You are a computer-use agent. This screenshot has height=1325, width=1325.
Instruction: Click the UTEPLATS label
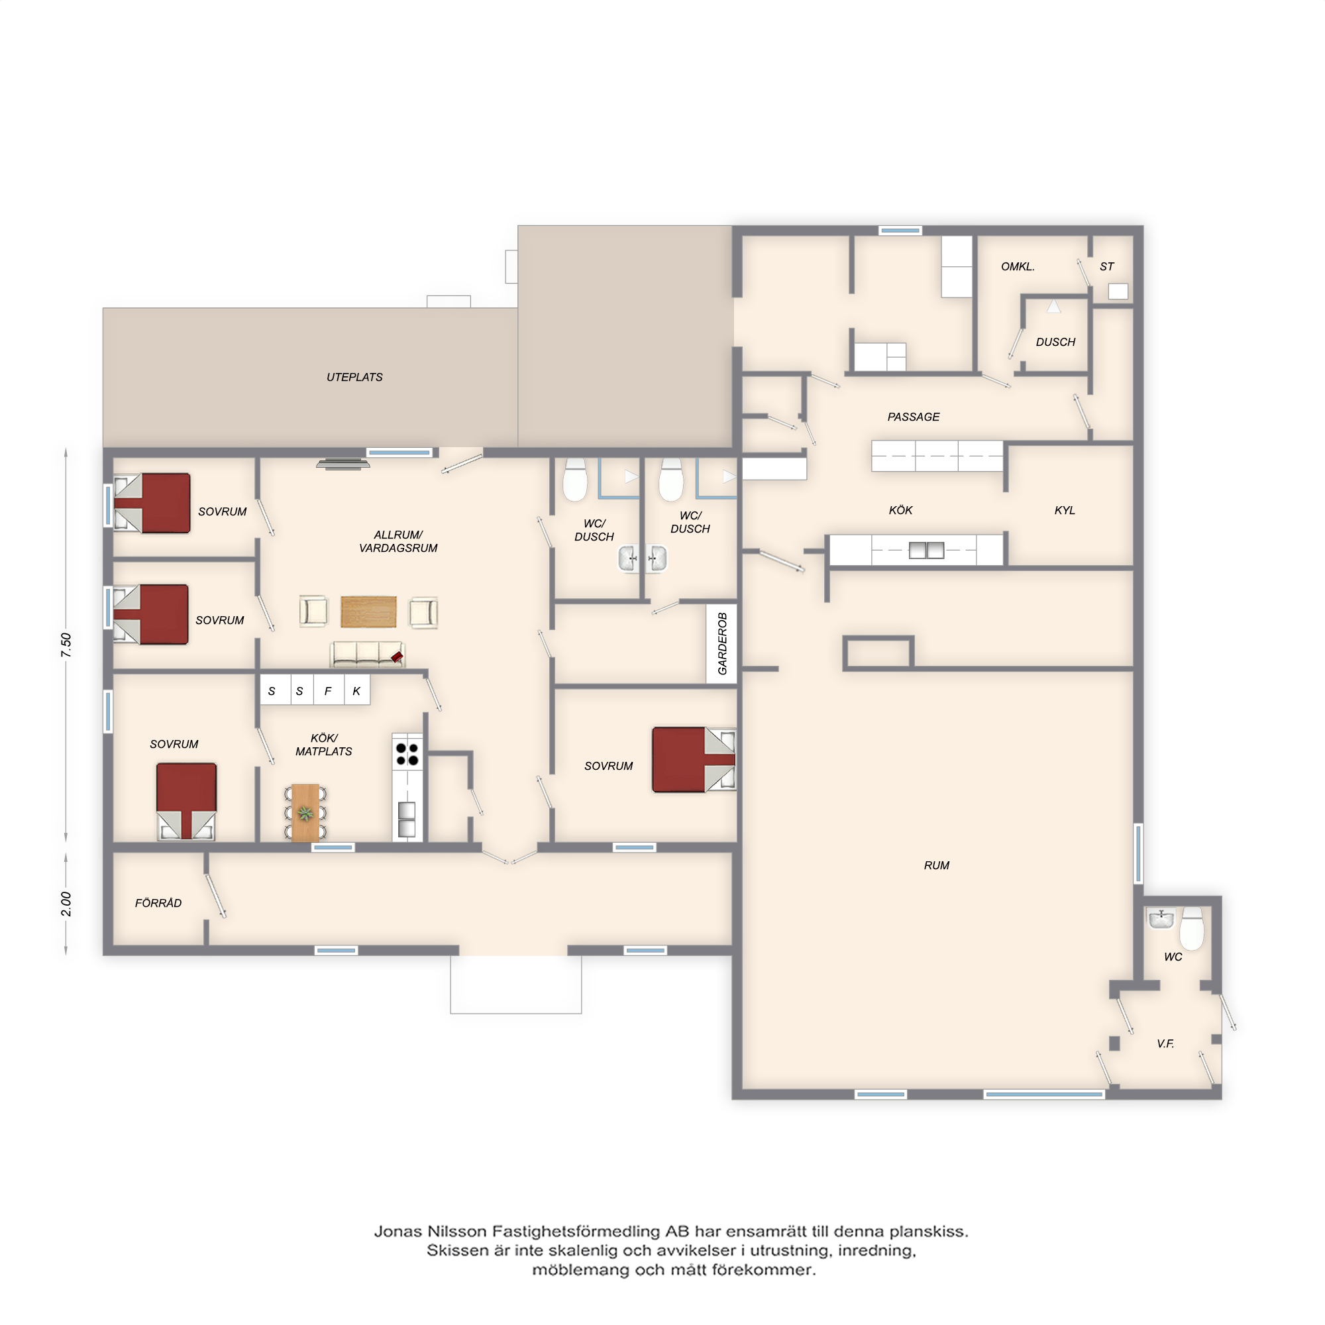(354, 377)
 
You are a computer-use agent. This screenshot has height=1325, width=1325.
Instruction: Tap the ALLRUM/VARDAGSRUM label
(397, 541)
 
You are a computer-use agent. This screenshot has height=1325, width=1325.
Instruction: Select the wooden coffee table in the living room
(368, 611)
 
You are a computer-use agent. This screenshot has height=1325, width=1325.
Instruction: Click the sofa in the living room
(367, 655)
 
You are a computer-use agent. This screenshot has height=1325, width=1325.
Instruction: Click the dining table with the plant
(305, 813)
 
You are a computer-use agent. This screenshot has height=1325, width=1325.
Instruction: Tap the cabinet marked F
(329, 690)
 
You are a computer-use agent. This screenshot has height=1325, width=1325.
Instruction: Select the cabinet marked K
(356, 690)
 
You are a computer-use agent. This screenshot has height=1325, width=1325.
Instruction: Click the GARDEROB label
(722, 643)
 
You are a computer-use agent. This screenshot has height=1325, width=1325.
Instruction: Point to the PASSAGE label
(914, 417)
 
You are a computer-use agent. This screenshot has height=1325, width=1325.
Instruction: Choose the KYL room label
(1065, 510)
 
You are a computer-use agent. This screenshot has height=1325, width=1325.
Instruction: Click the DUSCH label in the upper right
(1055, 343)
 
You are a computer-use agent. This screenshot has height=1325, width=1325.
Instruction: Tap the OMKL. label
(1018, 267)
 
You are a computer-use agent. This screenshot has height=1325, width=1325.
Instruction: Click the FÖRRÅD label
(158, 903)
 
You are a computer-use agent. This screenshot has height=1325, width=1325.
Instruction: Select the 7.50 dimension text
(66, 645)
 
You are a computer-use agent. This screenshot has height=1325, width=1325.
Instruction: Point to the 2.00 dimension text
(66, 904)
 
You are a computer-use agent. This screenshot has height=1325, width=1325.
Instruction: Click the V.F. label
(1165, 1044)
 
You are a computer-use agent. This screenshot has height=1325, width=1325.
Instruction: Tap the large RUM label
(936, 865)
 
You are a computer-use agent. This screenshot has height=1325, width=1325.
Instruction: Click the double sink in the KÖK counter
(927, 550)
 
